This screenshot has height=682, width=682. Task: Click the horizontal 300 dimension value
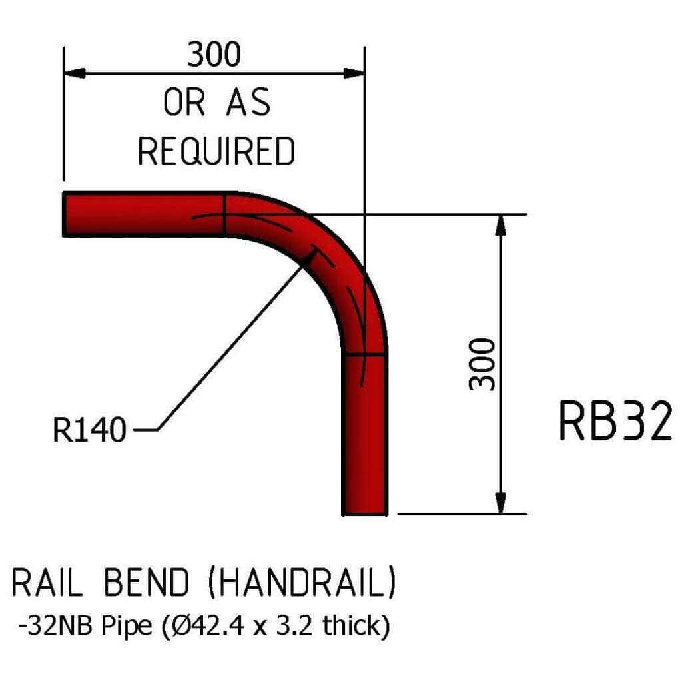click(214, 55)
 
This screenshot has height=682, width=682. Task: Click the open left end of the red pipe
click(65, 214)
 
